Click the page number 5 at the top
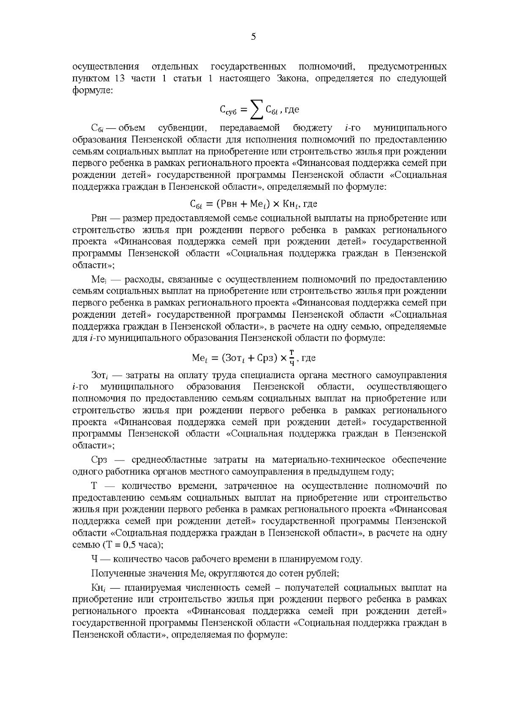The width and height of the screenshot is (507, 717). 253,37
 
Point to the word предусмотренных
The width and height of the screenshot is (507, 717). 407,67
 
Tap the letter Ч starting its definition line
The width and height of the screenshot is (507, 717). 95,559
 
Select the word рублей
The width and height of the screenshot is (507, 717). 323,573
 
